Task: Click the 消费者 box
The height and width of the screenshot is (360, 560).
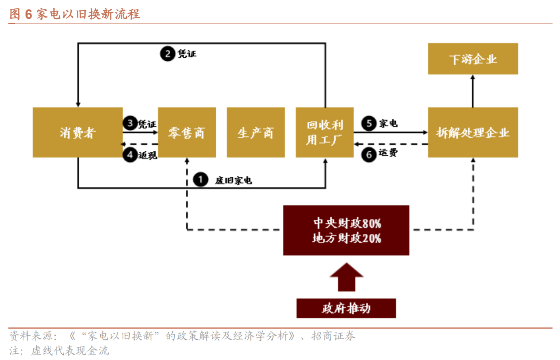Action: pos(78,132)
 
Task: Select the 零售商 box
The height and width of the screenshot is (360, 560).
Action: pos(187,132)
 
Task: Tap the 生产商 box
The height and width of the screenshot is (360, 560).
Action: pos(256,132)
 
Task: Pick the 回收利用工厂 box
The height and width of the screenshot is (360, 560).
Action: pos(324,132)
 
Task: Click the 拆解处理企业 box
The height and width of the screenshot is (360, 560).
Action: pos(473,132)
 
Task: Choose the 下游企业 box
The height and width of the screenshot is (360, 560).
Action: pos(473,59)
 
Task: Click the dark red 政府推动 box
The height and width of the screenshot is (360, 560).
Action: pos(346,308)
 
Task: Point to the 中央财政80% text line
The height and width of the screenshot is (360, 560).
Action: pos(347,223)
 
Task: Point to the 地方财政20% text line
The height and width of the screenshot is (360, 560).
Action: pos(347,238)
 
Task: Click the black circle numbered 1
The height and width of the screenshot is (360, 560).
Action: pos(201,180)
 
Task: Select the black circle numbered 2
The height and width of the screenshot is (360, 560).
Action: pos(168,53)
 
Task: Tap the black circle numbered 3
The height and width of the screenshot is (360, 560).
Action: pos(130,123)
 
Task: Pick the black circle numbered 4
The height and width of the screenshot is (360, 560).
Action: pos(130,155)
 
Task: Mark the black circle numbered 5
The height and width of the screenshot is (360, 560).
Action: pos(369,123)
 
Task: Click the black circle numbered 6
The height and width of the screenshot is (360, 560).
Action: pos(369,155)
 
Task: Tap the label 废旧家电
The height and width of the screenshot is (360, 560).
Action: pos(234,180)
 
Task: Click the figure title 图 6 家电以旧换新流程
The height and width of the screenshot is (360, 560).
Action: pos(74,14)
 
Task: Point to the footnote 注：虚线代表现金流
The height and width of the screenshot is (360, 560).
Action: pos(59,350)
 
